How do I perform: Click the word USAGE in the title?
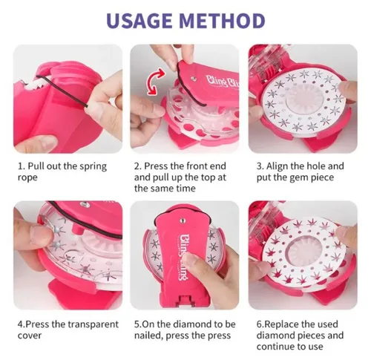[x=139, y=20]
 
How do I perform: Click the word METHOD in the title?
[x=222, y=20]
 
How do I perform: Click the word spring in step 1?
[x=93, y=166]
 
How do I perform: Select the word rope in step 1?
[x=27, y=178]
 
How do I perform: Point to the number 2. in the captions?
[x=138, y=166]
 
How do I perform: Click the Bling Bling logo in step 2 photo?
[x=223, y=82]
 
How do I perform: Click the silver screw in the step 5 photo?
[x=183, y=220]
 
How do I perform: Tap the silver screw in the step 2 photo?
[x=194, y=79]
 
